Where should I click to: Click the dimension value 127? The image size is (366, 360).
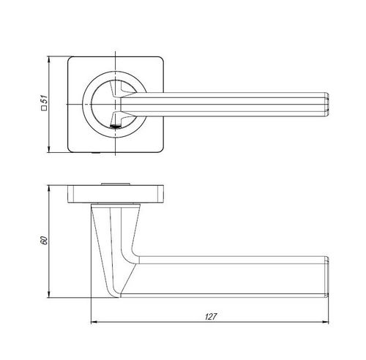(211, 316)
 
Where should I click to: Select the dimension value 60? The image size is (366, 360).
(44, 241)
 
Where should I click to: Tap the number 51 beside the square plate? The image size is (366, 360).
(44, 100)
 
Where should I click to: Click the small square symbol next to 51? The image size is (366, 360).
(44, 108)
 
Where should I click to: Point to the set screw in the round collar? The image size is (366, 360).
(115, 127)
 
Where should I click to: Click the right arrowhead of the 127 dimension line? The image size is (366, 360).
(326, 322)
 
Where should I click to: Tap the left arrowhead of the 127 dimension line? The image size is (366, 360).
(94, 322)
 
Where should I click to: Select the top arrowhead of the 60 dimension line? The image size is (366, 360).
(49, 188)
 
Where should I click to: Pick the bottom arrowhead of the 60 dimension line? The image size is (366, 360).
(49, 294)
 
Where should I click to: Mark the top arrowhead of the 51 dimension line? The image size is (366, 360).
(49, 60)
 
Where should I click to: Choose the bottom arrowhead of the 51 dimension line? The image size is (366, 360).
(49, 149)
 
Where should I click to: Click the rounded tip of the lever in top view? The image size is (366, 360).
(327, 105)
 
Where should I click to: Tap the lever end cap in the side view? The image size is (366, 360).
(326, 277)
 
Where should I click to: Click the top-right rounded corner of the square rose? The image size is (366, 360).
(161, 59)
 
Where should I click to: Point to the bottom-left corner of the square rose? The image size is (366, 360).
(70, 151)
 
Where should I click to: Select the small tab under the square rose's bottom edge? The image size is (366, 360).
(96, 153)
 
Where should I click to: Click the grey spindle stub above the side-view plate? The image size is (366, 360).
(116, 184)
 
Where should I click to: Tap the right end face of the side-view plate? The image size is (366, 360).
(160, 194)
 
